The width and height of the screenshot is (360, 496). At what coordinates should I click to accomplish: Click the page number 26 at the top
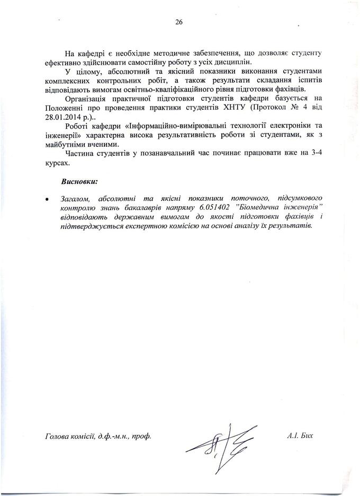pyautogui.click(x=179, y=22)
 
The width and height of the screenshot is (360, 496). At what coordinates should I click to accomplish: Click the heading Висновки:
pyautogui.click(x=79, y=181)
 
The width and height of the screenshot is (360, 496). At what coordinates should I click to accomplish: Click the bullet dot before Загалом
pyautogui.click(x=48, y=199)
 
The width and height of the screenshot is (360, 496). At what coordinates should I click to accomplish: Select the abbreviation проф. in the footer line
pyautogui.click(x=141, y=437)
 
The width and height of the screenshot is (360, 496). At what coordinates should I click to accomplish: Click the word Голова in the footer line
pyautogui.click(x=59, y=437)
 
